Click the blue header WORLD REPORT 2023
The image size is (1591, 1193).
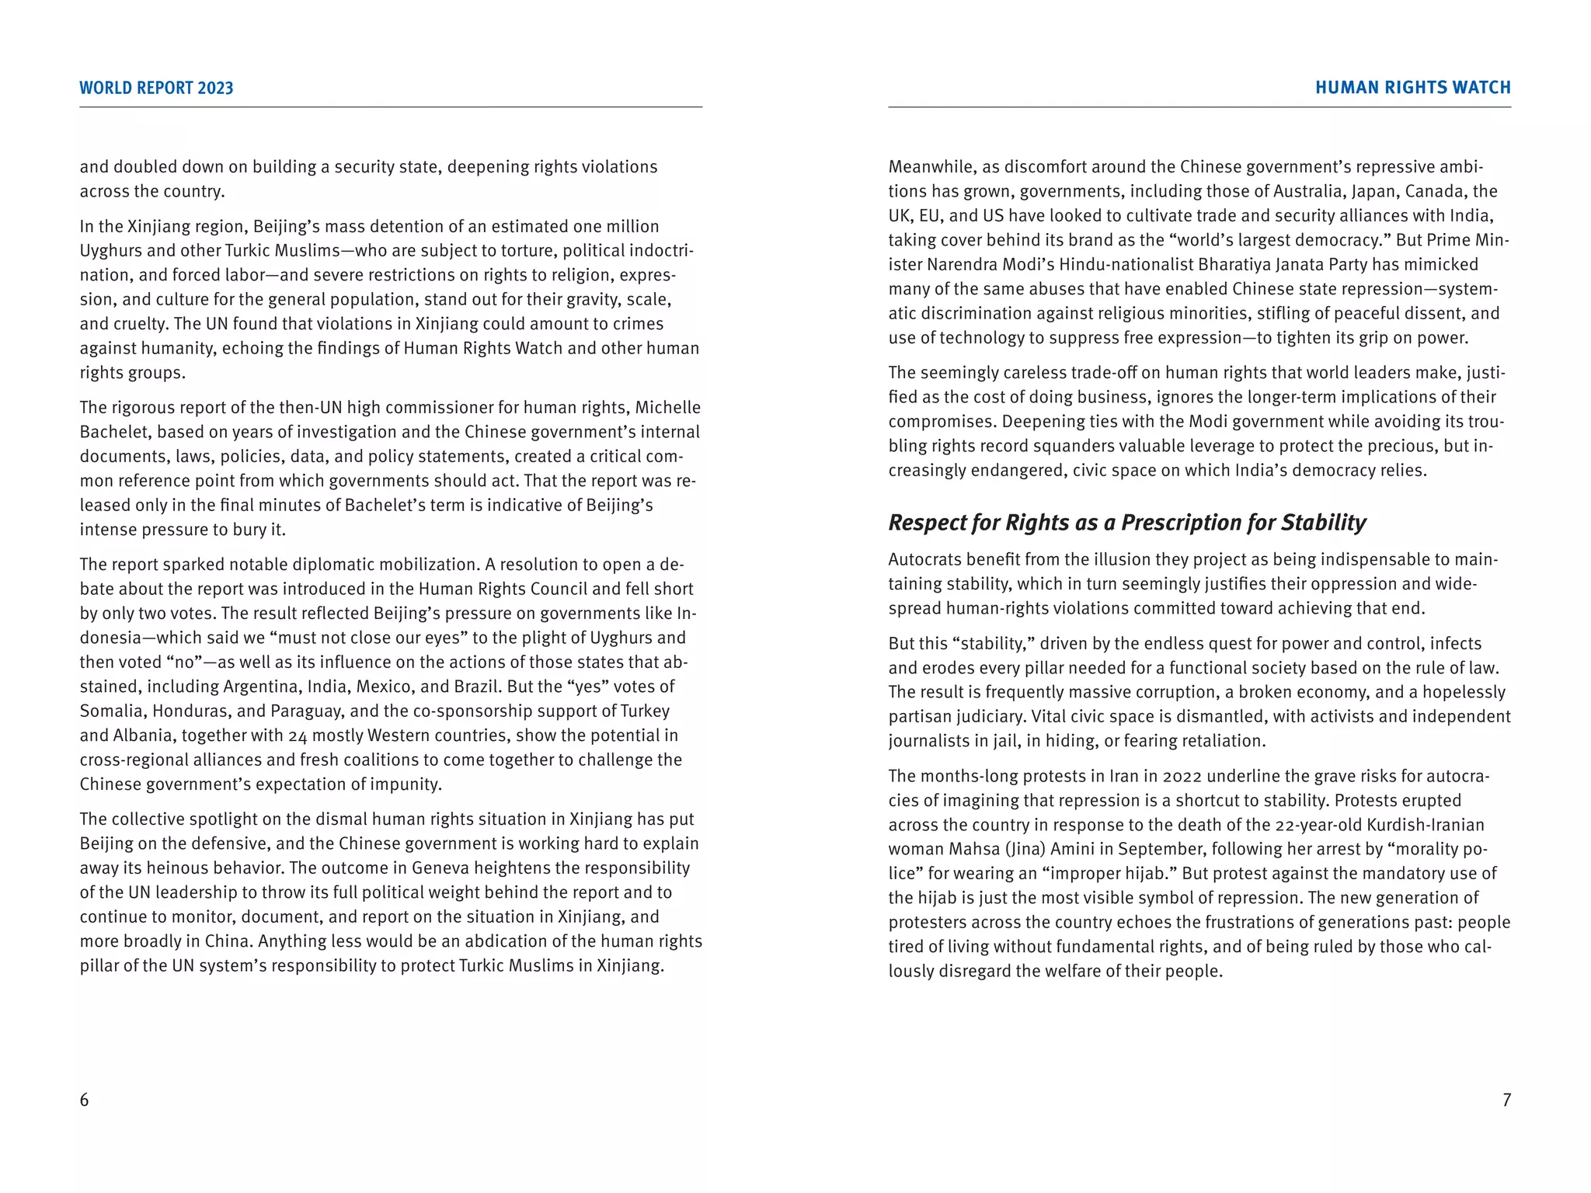point(156,88)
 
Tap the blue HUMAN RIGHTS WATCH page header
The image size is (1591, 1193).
point(1412,88)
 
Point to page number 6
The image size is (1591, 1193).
point(84,1100)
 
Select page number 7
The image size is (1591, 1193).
point(1506,1100)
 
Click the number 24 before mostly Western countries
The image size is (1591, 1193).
point(298,736)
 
